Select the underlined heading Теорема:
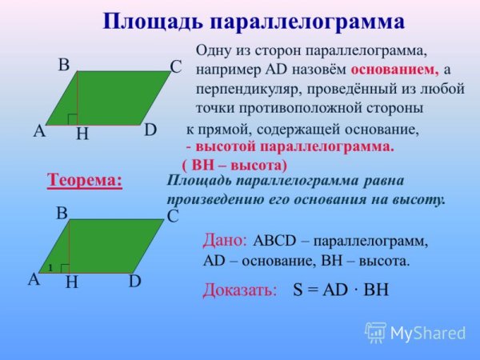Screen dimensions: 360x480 86,180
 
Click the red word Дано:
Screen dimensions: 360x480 227,239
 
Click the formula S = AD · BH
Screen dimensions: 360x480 340,290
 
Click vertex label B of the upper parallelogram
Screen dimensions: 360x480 63,65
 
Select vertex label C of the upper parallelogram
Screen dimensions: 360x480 177,67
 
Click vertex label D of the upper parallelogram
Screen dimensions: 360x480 150,130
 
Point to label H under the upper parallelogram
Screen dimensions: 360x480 82,136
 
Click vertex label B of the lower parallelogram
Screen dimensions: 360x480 61,214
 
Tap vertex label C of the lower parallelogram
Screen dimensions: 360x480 172,216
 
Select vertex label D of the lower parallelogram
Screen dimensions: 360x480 134,281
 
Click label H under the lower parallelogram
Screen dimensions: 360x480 71,282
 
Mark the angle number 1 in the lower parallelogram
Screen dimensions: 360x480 49,267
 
